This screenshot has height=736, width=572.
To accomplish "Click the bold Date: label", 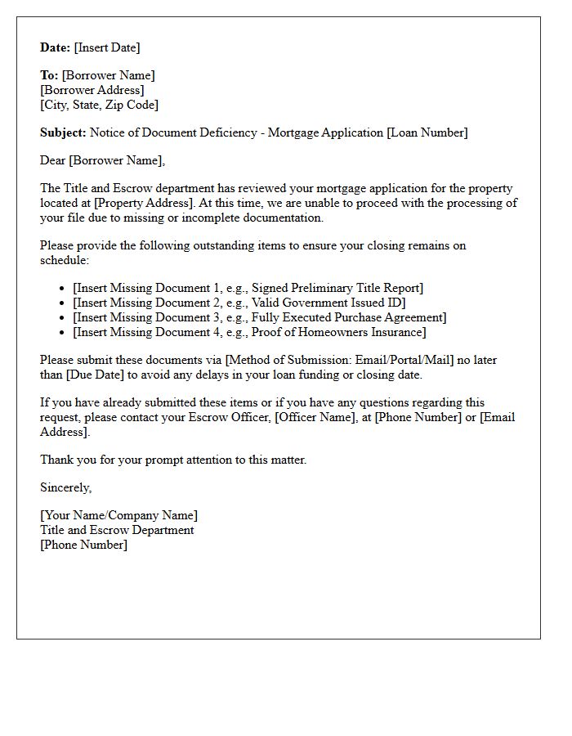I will point(56,47).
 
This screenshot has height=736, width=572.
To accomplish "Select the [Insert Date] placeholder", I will point(107,47).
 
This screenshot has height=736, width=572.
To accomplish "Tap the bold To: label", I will point(49,75).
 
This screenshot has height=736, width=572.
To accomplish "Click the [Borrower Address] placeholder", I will point(92,90).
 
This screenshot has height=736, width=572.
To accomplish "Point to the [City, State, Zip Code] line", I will point(99,105).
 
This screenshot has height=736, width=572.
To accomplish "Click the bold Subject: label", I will point(63,132).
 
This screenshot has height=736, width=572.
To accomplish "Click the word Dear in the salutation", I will point(52,160).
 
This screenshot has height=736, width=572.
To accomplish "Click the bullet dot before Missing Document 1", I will point(63,289).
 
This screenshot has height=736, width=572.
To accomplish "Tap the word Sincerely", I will point(65,487).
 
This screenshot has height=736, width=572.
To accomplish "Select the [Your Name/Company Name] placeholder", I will point(118,515).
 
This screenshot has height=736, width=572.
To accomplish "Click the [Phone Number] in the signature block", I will point(83,545).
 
